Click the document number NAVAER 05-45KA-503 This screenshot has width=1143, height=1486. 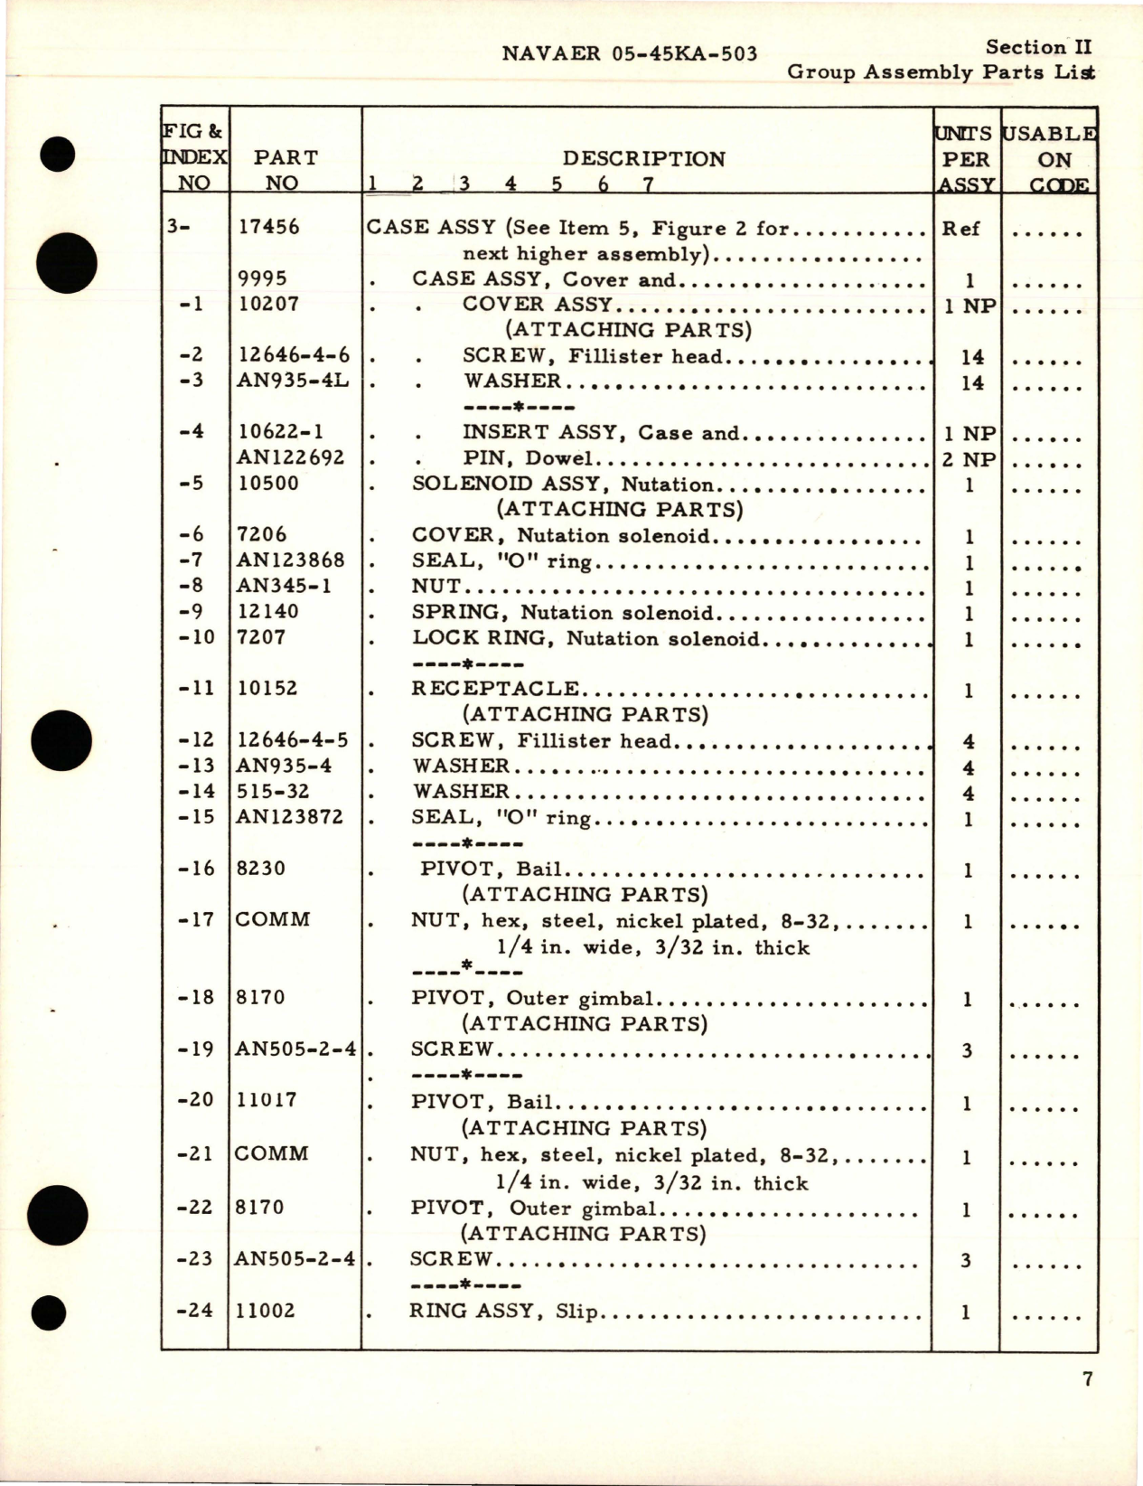[x=629, y=53]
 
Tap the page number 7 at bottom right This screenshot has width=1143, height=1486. [x=1087, y=1379]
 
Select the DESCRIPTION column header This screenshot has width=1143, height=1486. [x=643, y=159]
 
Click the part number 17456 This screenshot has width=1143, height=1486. [x=268, y=227]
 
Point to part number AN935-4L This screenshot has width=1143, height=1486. [x=293, y=381]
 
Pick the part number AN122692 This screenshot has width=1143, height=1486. [x=291, y=457]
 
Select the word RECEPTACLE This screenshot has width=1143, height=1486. [x=495, y=689]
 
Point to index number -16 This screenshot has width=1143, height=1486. [x=197, y=869]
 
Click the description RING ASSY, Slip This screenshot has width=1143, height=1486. [x=503, y=1311]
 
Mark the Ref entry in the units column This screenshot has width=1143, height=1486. [x=960, y=229]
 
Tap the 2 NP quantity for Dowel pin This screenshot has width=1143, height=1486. [x=969, y=459]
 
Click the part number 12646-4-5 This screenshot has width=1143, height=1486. [x=293, y=740]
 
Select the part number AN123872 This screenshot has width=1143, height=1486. [x=290, y=817]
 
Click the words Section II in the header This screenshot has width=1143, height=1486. [x=1038, y=47]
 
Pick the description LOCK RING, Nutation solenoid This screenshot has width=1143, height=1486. [x=586, y=639]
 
